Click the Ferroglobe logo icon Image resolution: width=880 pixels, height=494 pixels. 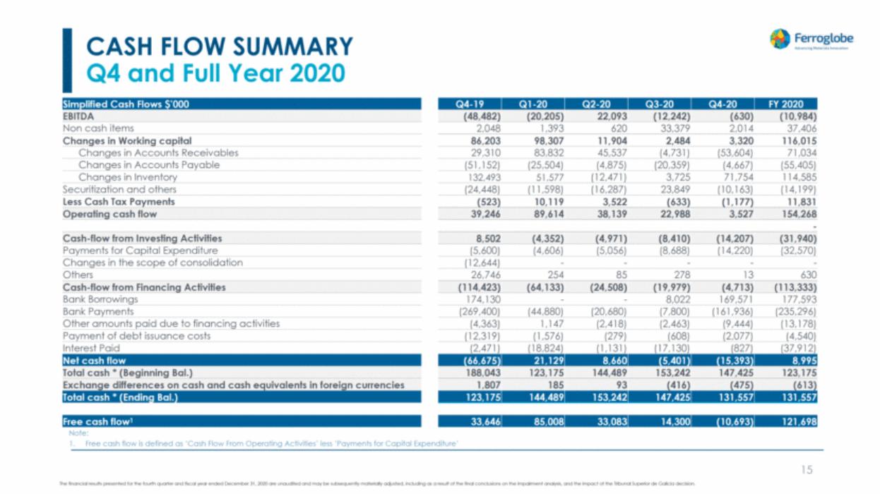click(780, 40)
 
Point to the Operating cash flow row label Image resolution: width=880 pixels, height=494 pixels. click(110, 214)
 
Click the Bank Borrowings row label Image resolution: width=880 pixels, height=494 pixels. click(100, 299)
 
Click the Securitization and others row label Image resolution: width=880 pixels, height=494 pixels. click(120, 189)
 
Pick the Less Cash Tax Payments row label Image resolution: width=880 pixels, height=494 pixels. click(119, 202)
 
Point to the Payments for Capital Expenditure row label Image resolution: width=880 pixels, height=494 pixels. click(141, 251)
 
